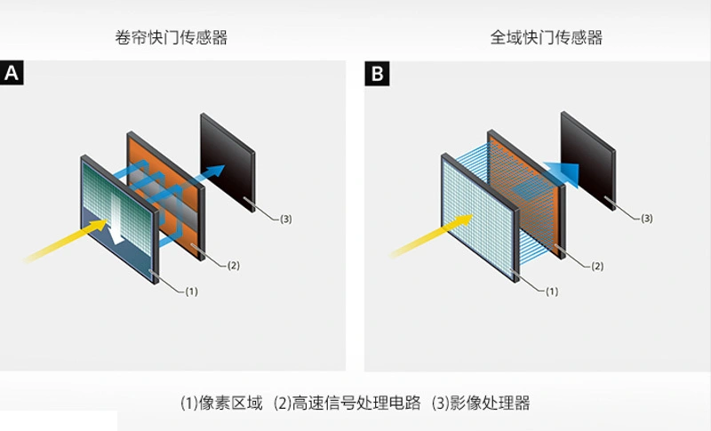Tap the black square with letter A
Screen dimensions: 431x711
(x=12, y=73)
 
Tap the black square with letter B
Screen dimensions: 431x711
(x=377, y=73)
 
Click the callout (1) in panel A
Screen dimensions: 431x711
(x=191, y=291)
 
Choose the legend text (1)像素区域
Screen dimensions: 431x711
(x=221, y=403)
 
